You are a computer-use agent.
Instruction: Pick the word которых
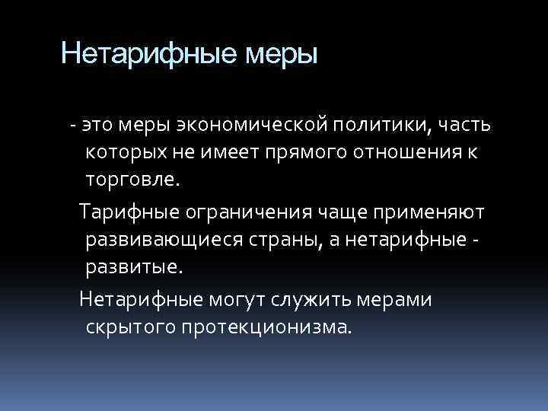click(132, 151)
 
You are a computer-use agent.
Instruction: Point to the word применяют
click(423, 211)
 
